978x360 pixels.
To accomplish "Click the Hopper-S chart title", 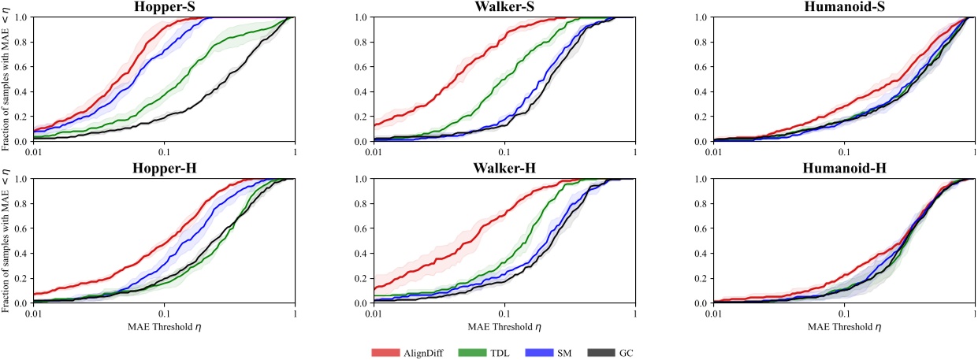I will [164, 7].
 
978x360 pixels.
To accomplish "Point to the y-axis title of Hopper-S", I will [6, 81].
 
